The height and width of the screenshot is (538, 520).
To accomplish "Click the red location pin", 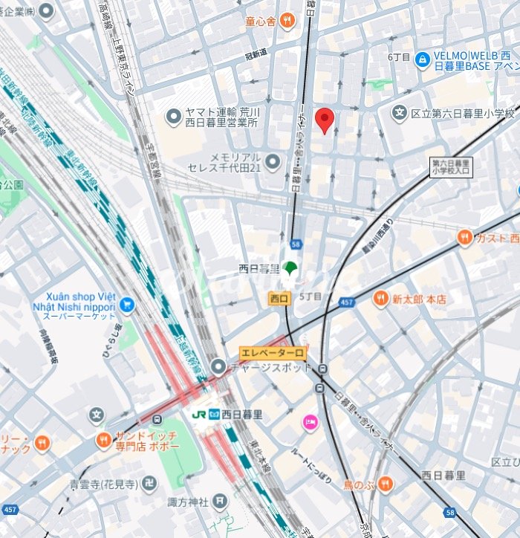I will [x=324, y=120].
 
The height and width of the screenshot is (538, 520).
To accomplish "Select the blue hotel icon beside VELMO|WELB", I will [x=423, y=58].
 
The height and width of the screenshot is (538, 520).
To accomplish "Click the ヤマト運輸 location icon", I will [x=175, y=115].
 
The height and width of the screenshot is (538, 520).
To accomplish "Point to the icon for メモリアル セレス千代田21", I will [x=273, y=161].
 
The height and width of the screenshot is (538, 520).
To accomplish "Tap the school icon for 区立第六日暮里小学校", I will [x=400, y=113].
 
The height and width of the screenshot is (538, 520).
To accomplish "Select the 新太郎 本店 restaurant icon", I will [x=380, y=299].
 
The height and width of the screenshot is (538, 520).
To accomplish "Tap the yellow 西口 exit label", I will [x=279, y=298].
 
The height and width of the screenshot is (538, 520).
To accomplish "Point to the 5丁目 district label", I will [x=310, y=296].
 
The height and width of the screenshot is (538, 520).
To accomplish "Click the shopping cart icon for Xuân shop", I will [x=126, y=304].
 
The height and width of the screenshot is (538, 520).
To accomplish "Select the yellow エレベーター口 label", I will [x=272, y=354].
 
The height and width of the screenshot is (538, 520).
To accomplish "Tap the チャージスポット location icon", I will [x=218, y=366].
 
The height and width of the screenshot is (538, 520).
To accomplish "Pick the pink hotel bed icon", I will [x=309, y=422].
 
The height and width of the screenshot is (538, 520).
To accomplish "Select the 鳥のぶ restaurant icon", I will [x=384, y=484].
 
